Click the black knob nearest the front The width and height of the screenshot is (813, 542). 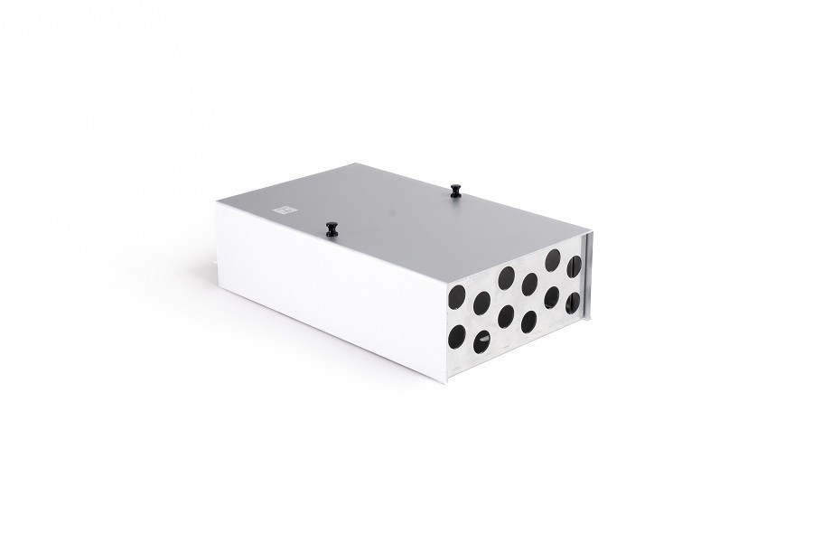coord(332,227)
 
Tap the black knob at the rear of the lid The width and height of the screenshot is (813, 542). coord(455,190)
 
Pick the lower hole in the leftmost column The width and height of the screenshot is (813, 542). coord(456,336)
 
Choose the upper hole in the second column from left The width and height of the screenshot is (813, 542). coord(481,302)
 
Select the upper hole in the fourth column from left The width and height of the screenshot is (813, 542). coord(529,285)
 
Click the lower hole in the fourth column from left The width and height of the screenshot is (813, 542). coord(528,321)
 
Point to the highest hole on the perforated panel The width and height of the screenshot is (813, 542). coord(552,261)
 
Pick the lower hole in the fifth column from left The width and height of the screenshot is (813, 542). coord(551,298)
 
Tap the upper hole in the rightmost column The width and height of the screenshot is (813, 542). coord(573,267)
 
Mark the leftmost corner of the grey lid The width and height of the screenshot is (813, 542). coord(217,203)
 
